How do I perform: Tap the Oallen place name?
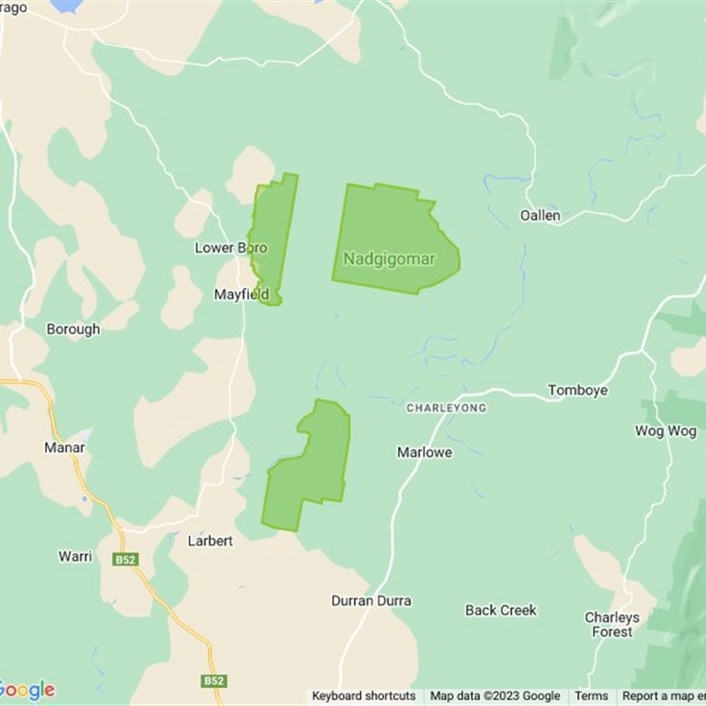click(x=539, y=215)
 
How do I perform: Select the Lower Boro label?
click(x=230, y=248)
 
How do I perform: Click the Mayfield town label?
click(x=241, y=295)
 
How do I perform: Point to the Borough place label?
click(x=73, y=329)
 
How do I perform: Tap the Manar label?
click(x=64, y=447)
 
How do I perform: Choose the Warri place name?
click(x=75, y=556)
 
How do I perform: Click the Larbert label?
click(x=210, y=540)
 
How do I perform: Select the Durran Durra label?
click(x=371, y=601)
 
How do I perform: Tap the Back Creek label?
click(x=500, y=610)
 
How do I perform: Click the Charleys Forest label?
click(x=612, y=625)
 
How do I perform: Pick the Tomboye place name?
click(x=577, y=390)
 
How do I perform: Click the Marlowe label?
click(x=424, y=452)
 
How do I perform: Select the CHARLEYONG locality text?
click(x=446, y=409)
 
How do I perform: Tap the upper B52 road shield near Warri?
click(x=124, y=560)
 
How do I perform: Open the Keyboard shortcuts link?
click(x=364, y=696)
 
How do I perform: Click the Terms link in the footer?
click(x=591, y=696)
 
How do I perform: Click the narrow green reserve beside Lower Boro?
click(x=274, y=234)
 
